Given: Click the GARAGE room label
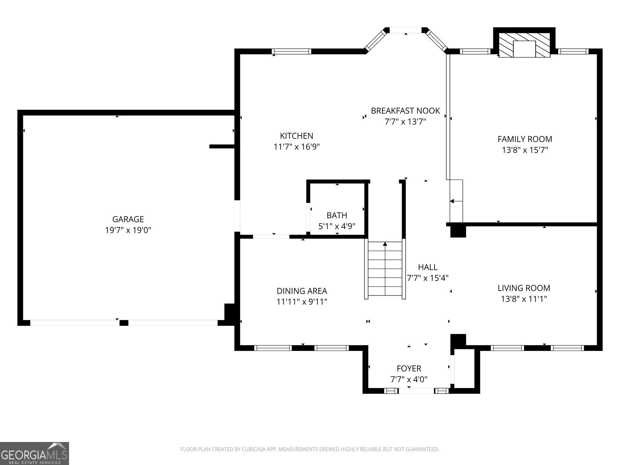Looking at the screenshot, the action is coord(128,219).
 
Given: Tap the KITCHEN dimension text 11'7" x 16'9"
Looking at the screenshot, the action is coord(297,147).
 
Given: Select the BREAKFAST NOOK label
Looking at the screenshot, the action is coord(405,111).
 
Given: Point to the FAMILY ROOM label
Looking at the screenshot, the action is coord(525,139).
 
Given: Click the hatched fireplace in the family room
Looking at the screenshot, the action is coord(524,45).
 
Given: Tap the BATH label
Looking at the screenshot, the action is coord(337,215).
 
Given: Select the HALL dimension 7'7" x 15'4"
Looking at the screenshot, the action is coord(427,278).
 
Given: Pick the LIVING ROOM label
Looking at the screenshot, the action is coord(524,288).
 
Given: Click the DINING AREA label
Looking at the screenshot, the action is coord(302,291).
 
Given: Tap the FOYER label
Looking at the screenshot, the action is coord(409,368).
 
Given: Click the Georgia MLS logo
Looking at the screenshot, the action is coord(35,453).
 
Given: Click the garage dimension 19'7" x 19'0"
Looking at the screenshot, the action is coord(128,230).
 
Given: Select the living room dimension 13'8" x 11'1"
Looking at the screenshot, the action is coord(524,299).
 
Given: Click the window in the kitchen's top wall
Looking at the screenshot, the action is coord(292,51).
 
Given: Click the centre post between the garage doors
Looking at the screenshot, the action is coord(124,323).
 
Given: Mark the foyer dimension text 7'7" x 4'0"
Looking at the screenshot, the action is coord(409,379).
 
